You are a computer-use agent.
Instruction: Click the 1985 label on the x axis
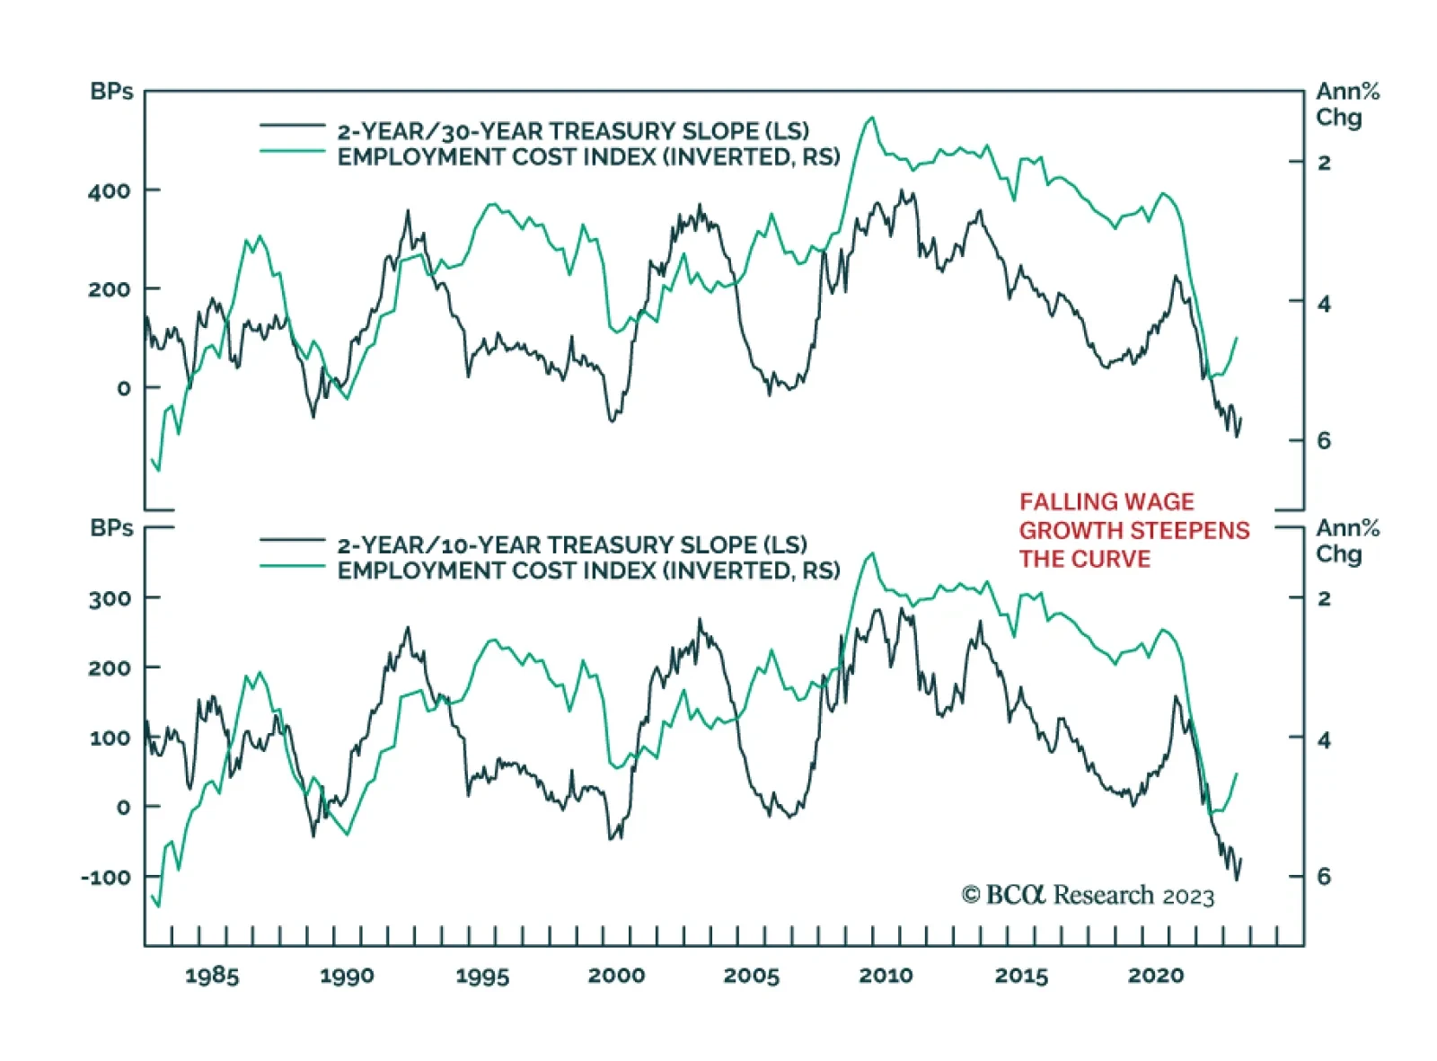click(x=212, y=976)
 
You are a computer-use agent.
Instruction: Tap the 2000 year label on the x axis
click(x=616, y=976)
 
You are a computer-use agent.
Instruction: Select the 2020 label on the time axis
click(x=1156, y=976)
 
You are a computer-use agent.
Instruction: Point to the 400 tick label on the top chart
click(x=109, y=190)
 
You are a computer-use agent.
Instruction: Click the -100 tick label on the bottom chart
click(x=105, y=877)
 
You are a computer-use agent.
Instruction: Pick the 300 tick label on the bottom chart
click(x=109, y=598)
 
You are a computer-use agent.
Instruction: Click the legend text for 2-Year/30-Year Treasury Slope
click(x=573, y=131)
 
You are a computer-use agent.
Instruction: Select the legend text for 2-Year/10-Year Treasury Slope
click(x=572, y=544)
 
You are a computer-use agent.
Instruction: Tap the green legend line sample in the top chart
click(x=292, y=152)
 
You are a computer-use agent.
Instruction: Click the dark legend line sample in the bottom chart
click(x=292, y=540)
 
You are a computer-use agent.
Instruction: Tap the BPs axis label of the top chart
click(x=111, y=92)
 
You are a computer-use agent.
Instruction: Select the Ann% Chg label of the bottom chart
click(x=1346, y=541)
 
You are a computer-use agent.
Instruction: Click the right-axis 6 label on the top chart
click(x=1324, y=440)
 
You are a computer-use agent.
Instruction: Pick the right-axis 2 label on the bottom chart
click(x=1324, y=598)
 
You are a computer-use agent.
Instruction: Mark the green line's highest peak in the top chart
click(x=870, y=118)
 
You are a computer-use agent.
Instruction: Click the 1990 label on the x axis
click(x=347, y=976)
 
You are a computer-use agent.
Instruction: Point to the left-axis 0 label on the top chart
click(x=124, y=388)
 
